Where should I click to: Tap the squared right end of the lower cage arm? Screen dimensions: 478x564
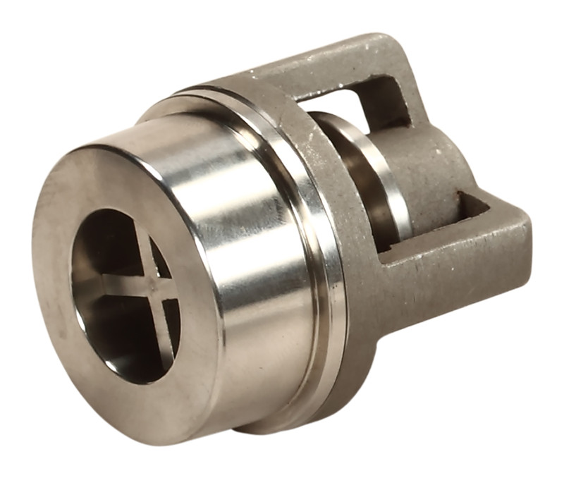pos(518,240)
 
